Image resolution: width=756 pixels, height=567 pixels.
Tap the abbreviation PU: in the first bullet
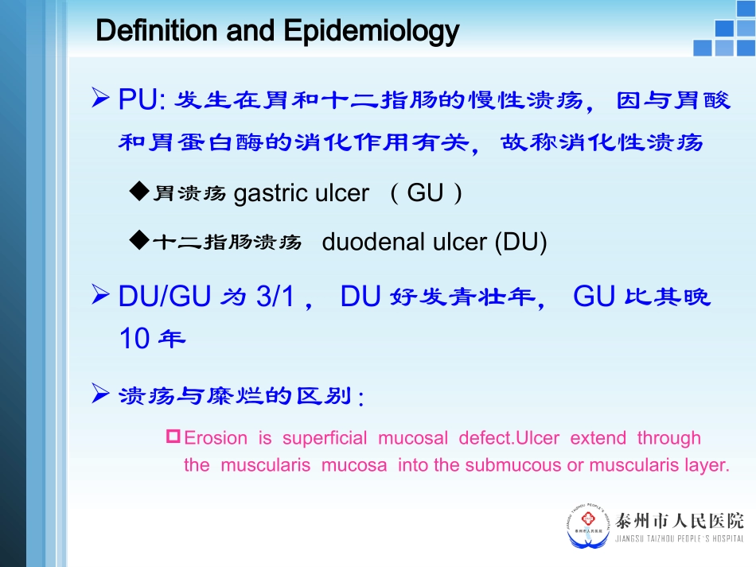pyautogui.click(x=141, y=100)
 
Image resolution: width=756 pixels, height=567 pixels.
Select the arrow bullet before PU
pyautogui.click(x=101, y=99)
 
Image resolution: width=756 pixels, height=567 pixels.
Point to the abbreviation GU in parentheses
pyautogui.click(x=424, y=193)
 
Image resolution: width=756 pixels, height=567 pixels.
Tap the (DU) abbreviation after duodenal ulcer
pyautogui.click(x=520, y=243)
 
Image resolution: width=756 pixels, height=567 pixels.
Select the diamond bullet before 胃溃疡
pyautogui.click(x=139, y=192)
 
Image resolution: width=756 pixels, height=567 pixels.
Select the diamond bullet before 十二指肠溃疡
pyautogui.click(x=139, y=241)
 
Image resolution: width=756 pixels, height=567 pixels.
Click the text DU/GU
pyautogui.click(x=165, y=297)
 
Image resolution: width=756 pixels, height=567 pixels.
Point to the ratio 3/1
pyautogui.click(x=276, y=297)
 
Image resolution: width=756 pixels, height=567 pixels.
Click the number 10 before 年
pyautogui.click(x=134, y=339)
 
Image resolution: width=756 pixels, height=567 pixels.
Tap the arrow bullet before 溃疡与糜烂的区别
pyautogui.click(x=101, y=394)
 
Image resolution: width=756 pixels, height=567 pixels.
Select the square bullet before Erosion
pyautogui.click(x=174, y=437)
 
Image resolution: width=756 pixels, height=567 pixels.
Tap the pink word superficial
pyautogui.click(x=325, y=438)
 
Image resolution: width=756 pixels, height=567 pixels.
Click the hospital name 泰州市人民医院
pyautogui.click(x=680, y=521)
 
